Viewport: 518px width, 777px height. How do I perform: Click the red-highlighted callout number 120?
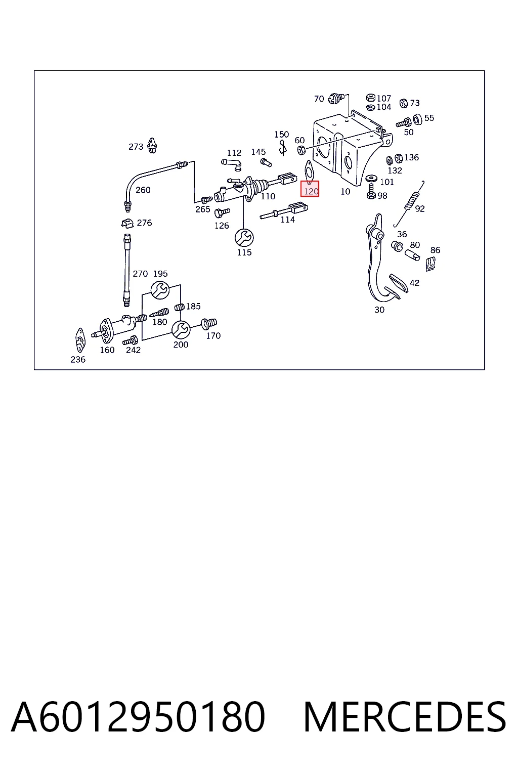pyautogui.click(x=311, y=191)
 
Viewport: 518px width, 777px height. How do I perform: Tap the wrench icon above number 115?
pyautogui.click(x=244, y=238)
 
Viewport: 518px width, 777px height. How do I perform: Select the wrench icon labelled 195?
pyautogui.click(x=160, y=290)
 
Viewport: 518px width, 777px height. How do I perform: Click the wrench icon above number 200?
pyautogui.click(x=181, y=329)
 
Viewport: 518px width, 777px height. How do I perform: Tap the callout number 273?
pyautogui.click(x=136, y=147)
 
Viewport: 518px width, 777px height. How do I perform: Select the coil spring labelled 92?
pyautogui.click(x=410, y=203)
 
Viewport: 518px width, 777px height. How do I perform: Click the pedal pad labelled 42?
pyautogui.click(x=399, y=283)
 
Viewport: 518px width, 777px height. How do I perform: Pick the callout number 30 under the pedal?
pyautogui.click(x=379, y=310)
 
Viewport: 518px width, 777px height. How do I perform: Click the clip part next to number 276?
pyautogui.click(x=127, y=223)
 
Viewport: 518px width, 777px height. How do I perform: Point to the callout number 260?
pyautogui.click(x=143, y=190)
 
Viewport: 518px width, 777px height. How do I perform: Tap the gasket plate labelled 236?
pyautogui.click(x=80, y=340)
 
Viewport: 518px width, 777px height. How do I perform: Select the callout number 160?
pyautogui.click(x=107, y=350)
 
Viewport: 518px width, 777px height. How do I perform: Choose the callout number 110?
pyautogui.click(x=268, y=196)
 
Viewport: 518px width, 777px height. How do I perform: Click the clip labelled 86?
pyautogui.click(x=430, y=264)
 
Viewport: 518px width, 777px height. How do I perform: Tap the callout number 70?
pyautogui.click(x=319, y=99)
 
